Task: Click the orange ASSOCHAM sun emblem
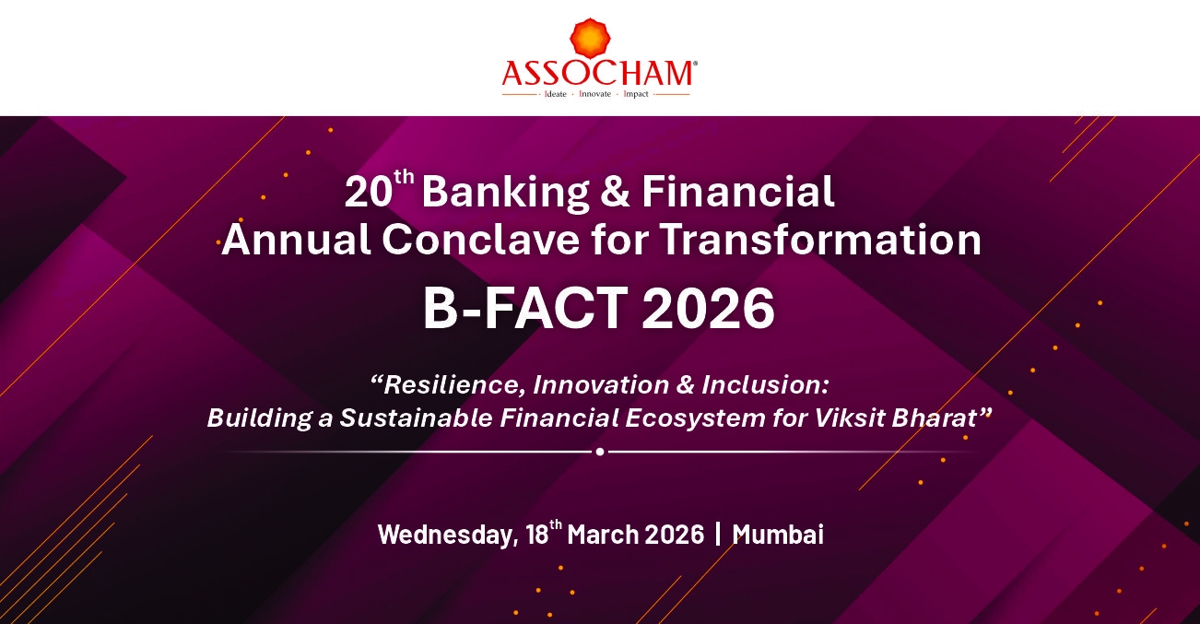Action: [590, 38]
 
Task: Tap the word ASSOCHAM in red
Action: [597, 74]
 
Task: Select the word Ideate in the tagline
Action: [555, 94]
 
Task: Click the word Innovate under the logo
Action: [595, 94]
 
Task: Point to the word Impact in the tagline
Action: [636, 94]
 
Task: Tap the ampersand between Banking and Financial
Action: [615, 192]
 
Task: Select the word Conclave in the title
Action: [480, 240]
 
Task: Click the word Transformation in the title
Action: [820, 240]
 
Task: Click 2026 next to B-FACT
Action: [708, 308]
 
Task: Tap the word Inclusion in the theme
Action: [765, 384]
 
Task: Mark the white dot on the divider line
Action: [600, 452]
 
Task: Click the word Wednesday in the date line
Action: [448, 535]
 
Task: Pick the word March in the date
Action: [603, 535]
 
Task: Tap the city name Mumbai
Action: [778, 535]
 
